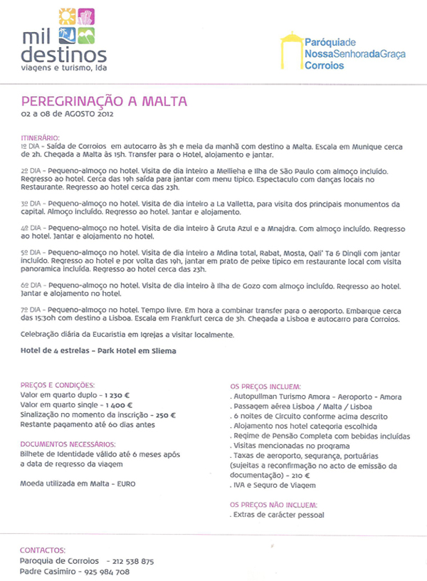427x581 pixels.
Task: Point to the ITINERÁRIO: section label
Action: [x=41, y=137]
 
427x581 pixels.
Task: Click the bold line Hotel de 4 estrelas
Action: [x=97, y=351]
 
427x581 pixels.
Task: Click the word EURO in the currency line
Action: [x=126, y=483]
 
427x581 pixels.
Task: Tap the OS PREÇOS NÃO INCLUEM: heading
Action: [x=274, y=504]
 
